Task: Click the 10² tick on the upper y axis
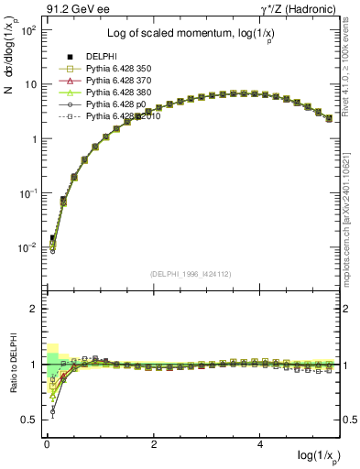click(27, 30)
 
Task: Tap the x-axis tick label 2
click(155, 444)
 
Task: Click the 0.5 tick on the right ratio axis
click(349, 420)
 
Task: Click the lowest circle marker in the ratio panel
click(52, 412)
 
